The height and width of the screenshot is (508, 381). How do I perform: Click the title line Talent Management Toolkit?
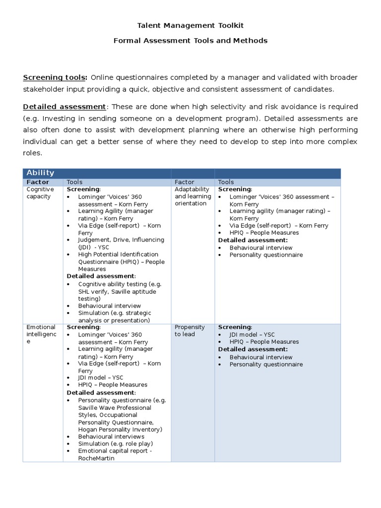pyautogui.click(x=190, y=25)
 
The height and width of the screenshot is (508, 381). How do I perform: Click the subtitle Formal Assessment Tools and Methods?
pyautogui.click(x=190, y=41)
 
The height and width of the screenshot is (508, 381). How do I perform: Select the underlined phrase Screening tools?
pyautogui.click(x=55, y=78)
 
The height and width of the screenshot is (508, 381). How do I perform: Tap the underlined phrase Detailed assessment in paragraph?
pyautogui.click(x=64, y=107)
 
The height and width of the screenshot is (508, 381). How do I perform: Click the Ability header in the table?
pyautogui.click(x=40, y=173)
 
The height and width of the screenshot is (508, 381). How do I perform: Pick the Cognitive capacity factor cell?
pyautogui.click(x=39, y=193)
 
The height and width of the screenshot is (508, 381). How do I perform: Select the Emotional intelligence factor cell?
pyautogui.click(x=41, y=334)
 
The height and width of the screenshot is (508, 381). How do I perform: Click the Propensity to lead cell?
pyautogui.click(x=190, y=330)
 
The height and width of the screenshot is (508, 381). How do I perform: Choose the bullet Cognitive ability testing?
pyautogui.click(x=119, y=284)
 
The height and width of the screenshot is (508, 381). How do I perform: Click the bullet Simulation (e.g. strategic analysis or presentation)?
pyautogui.click(x=114, y=317)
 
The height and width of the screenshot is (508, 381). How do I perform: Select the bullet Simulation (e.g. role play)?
pyautogui.click(x=115, y=444)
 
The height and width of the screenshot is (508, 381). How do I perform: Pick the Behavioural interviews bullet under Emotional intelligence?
pyautogui.click(x=111, y=437)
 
